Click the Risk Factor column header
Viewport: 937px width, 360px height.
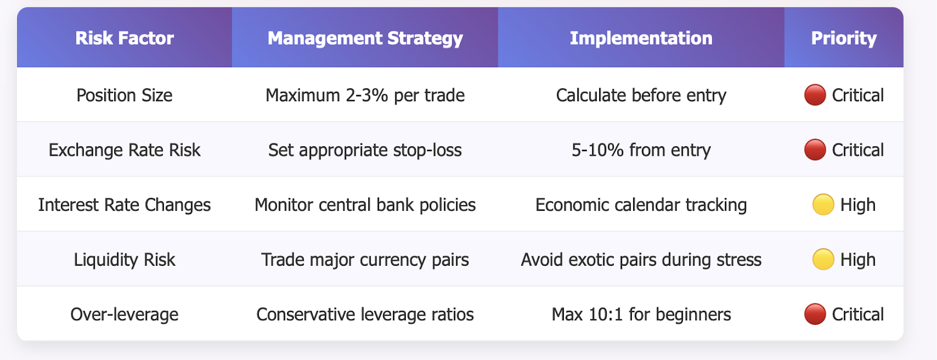coord(124,38)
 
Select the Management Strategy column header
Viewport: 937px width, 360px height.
coord(365,38)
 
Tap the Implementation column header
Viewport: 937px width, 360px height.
coord(641,38)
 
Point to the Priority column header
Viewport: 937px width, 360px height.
coord(844,38)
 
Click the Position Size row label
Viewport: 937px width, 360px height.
coord(124,95)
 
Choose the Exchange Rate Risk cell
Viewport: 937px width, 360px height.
coord(124,150)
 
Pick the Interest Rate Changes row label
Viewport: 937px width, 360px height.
coord(124,205)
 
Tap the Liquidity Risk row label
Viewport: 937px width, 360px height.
coord(124,260)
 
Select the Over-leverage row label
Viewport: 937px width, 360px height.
coord(124,314)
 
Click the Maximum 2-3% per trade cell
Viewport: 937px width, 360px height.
coord(365,95)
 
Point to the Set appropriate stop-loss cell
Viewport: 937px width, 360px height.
coord(365,150)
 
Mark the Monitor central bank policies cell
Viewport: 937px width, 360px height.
coord(365,205)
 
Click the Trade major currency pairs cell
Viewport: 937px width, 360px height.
coord(365,260)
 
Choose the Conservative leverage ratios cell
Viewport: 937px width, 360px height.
coord(365,314)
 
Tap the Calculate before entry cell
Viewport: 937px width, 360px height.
coord(641,95)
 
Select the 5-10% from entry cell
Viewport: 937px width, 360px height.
coord(641,150)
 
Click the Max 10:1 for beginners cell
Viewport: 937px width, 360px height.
coord(641,314)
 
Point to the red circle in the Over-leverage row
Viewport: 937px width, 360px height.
coord(815,314)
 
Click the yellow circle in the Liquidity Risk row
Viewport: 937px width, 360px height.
coord(823,259)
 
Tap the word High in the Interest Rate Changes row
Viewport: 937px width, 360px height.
coord(858,205)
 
